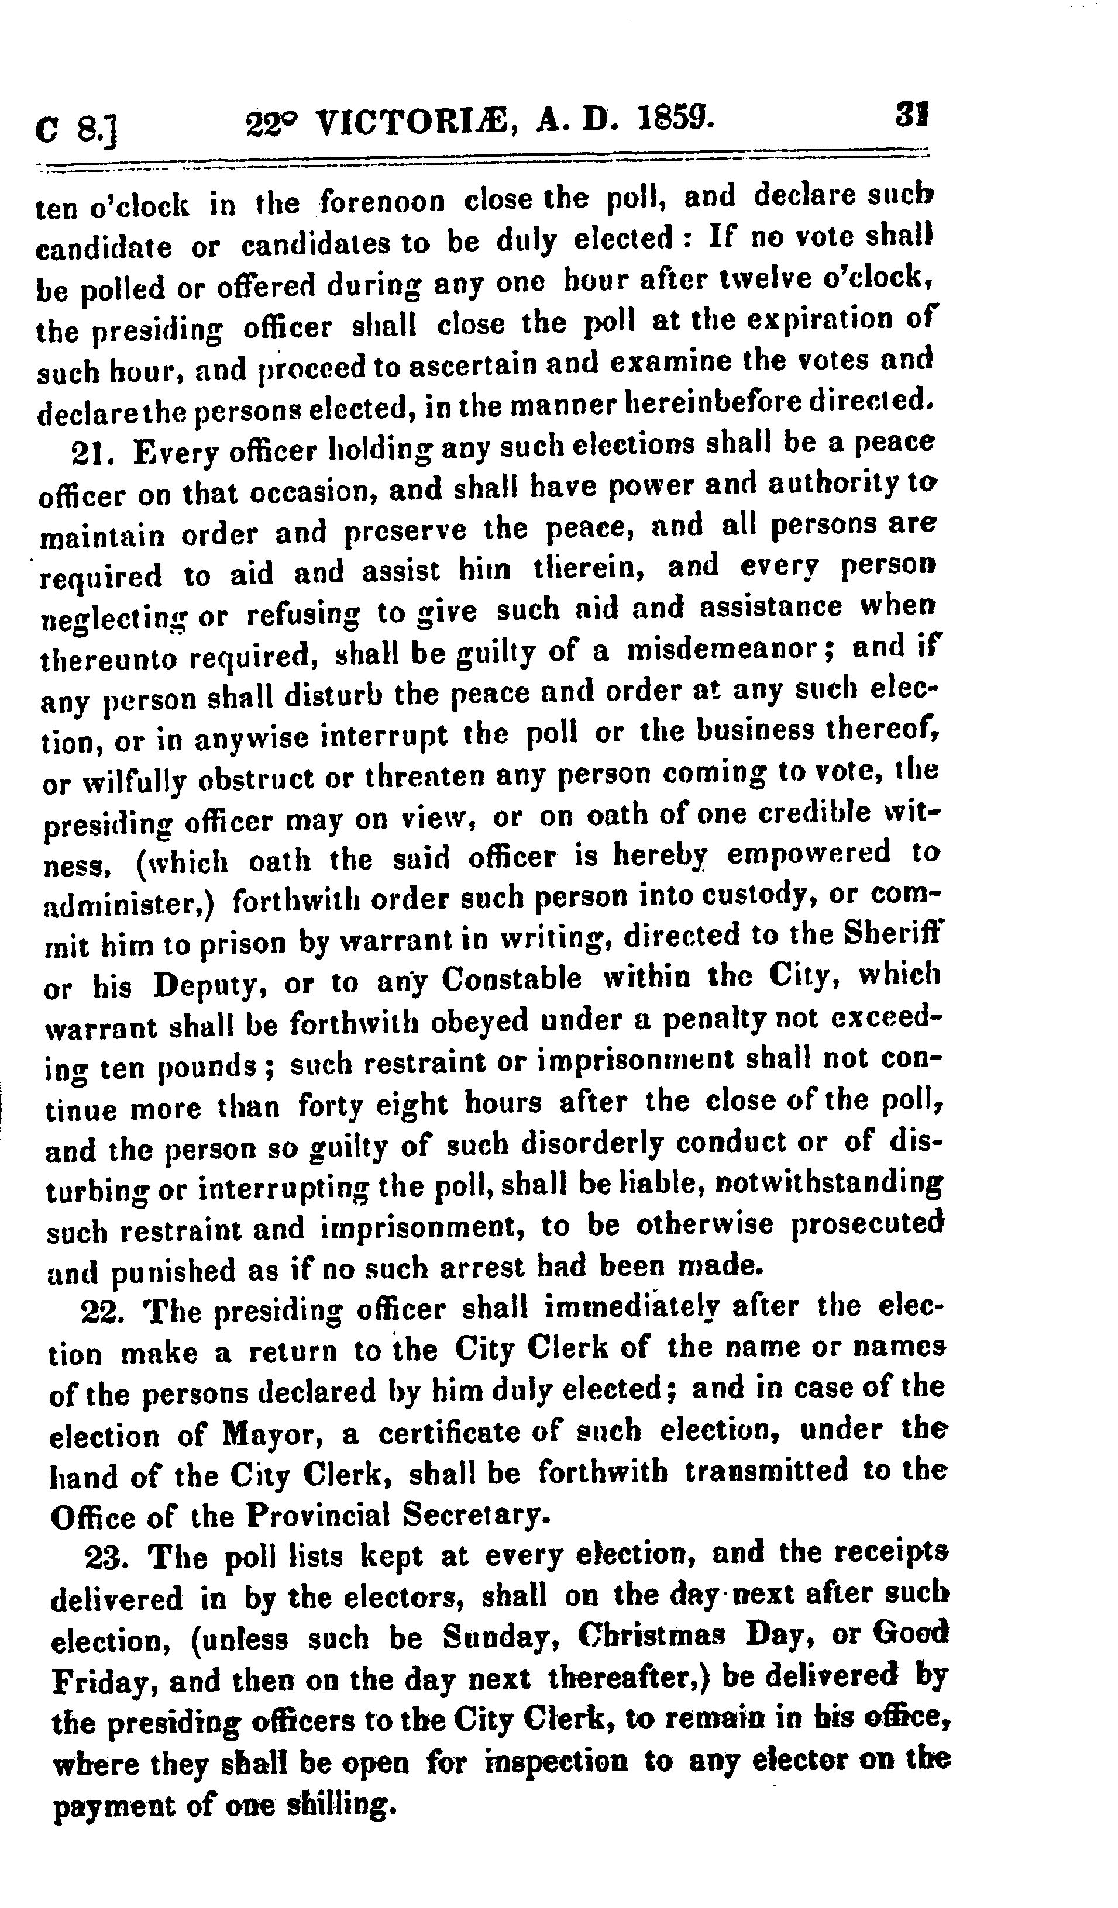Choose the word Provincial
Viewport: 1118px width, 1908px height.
(x=317, y=1515)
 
